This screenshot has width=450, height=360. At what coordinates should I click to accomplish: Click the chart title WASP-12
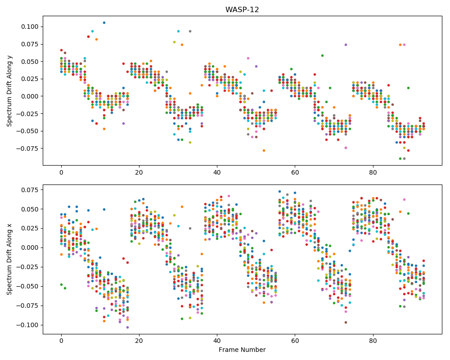[242, 10]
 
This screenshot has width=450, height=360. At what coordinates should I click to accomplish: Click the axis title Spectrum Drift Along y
[9, 90]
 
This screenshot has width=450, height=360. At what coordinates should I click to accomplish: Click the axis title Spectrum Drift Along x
[9, 259]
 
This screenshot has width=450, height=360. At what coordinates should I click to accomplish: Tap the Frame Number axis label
[242, 350]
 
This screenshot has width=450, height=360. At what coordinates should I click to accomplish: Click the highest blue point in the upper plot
[104, 22]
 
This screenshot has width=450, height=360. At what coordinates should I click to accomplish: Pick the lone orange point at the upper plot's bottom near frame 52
[264, 150]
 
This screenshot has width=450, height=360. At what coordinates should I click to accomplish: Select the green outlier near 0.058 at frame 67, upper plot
[322, 55]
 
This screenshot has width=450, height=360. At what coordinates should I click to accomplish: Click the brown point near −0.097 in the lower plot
[346, 322]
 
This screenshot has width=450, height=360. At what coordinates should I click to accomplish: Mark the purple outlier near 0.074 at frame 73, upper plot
[346, 45]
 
